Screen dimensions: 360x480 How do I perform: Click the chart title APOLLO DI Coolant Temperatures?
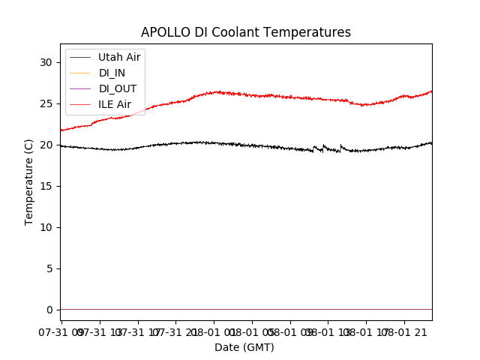tap(246, 32)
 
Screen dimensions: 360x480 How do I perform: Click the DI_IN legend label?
tap(112, 73)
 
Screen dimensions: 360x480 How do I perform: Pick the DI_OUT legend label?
tap(117, 88)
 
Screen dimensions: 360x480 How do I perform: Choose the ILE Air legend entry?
tap(115, 104)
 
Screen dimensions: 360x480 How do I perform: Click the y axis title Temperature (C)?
tap(29, 181)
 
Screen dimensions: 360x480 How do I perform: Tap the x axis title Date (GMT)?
tap(244, 347)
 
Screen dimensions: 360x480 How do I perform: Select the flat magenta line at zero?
tap(247, 309)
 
